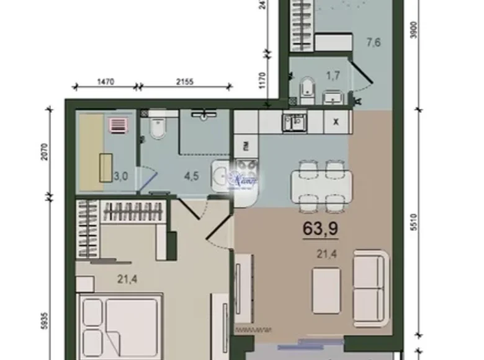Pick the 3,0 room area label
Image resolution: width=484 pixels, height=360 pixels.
tap(120, 176)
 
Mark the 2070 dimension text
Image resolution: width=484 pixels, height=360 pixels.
tap(43, 151)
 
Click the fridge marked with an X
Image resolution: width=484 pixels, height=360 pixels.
tap(336, 122)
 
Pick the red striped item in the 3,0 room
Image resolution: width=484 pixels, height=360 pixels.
tap(118, 125)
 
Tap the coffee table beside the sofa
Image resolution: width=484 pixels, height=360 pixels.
tap(326, 290)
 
